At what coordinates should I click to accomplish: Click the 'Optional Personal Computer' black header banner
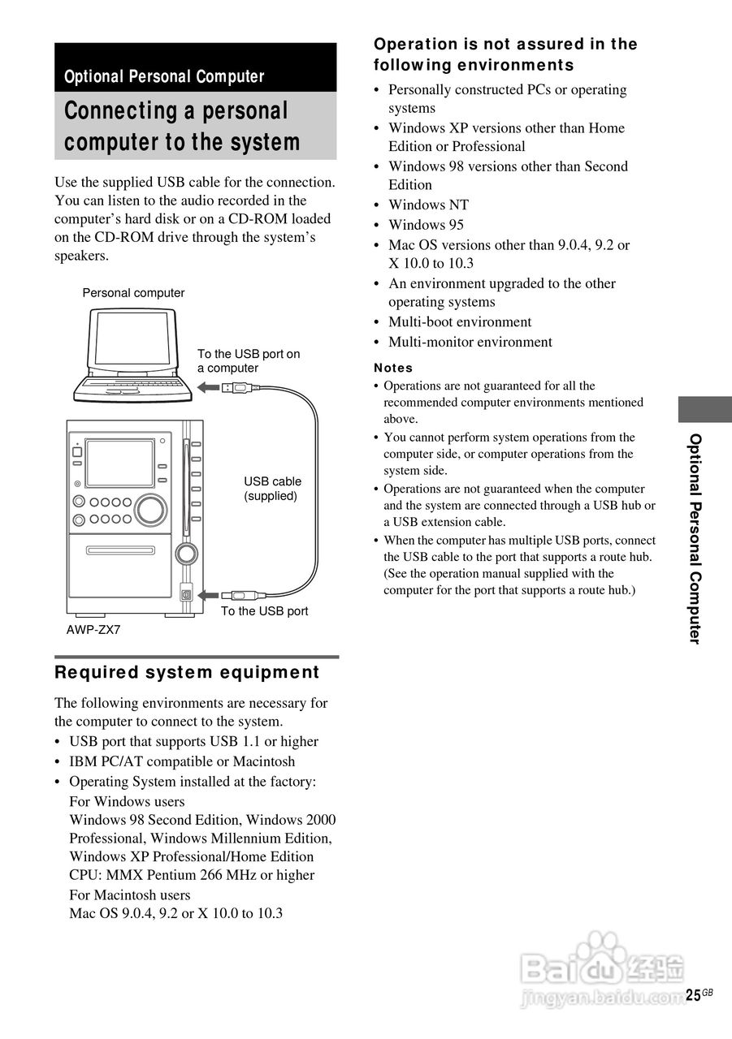pyautogui.click(x=195, y=68)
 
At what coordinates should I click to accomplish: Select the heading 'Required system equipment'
pyautogui.click(x=187, y=672)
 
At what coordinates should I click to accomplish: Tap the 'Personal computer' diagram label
pyautogui.click(x=133, y=293)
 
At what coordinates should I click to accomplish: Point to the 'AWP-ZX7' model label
pyautogui.click(x=93, y=629)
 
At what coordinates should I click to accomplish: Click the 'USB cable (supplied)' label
pyautogui.click(x=272, y=489)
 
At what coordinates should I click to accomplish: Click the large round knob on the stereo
pyautogui.click(x=149, y=508)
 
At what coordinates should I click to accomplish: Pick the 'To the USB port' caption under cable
pyautogui.click(x=264, y=611)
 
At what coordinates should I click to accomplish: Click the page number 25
pyautogui.click(x=692, y=996)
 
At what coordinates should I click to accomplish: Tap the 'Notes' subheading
pyautogui.click(x=393, y=368)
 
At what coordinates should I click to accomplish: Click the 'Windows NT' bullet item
pyautogui.click(x=428, y=205)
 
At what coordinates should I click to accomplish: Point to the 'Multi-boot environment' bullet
pyautogui.click(x=460, y=321)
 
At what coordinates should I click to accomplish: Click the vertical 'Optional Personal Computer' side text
pyautogui.click(x=695, y=538)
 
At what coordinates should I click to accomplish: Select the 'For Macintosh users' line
pyautogui.click(x=130, y=895)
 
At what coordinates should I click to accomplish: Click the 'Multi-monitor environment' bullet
pyautogui.click(x=470, y=342)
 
